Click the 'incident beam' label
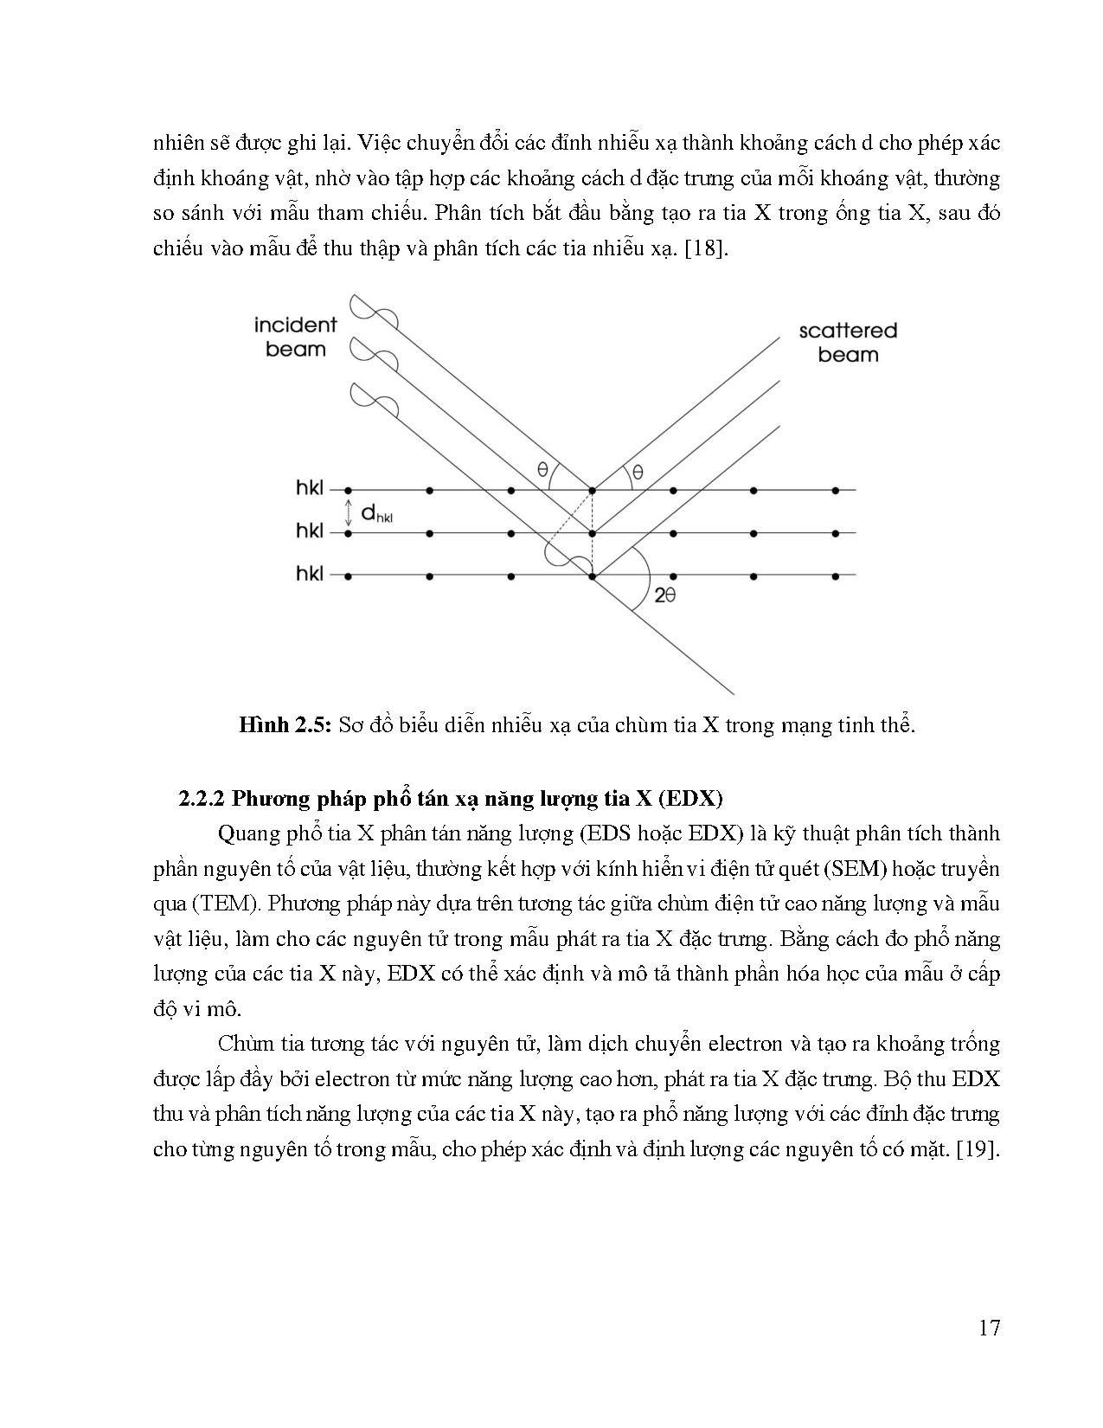pos(295,338)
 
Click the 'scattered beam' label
pos(847,343)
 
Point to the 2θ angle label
pos(664,595)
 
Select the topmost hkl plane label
pos(309,489)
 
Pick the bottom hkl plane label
pos(309,574)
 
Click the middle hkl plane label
pos(309,531)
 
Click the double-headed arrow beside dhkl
pos(348,511)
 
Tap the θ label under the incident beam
pos(542,470)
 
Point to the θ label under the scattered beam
pos(638,472)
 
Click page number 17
pos(989,1328)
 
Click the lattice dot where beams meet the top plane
pos(592,491)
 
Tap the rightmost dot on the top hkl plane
pos(835,491)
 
